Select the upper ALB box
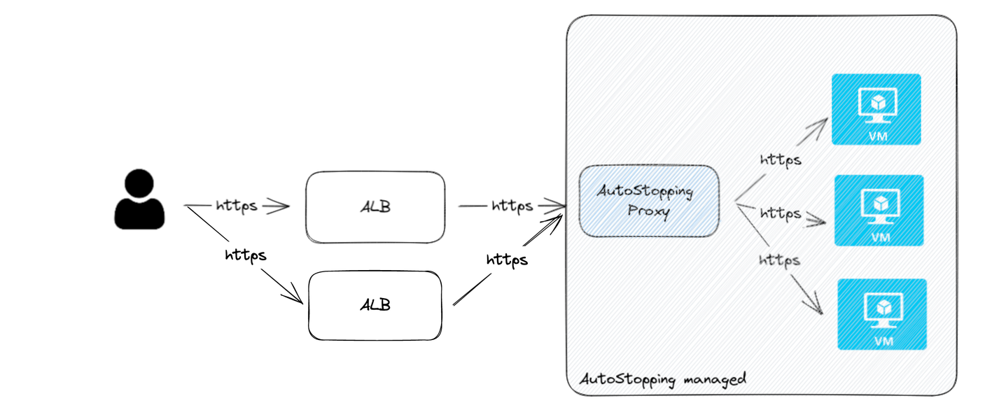[x=375, y=207]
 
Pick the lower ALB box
[x=375, y=305]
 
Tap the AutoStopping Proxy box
[x=649, y=201]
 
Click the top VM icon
[x=876, y=109]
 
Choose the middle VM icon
[x=879, y=210]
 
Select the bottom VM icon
[x=882, y=314]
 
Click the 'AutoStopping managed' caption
[x=663, y=379]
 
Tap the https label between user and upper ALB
[x=237, y=206]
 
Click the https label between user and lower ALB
[x=245, y=255]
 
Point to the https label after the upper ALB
[x=512, y=206]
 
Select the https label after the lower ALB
[x=507, y=260]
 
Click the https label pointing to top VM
[x=781, y=160]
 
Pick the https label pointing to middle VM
[x=781, y=212]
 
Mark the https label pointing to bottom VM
[x=778, y=260]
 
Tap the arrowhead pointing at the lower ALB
[x=295, y=297]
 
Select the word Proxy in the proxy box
[x=649, y=211]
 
